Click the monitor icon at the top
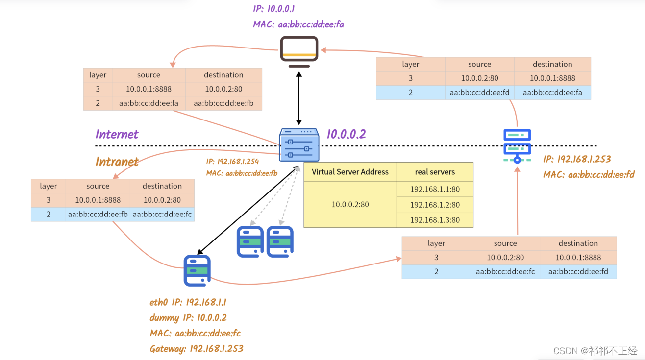point(299,51)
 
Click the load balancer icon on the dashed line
point(299,144)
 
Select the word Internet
point(117,134)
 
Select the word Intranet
point(117,162)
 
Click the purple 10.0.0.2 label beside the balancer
point(346,134)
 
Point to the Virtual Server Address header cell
point(350,172)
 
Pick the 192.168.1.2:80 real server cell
point(435,205)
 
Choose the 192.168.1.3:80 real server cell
point(435,220)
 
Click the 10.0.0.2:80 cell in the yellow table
point(350,204)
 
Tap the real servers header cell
point(435,172)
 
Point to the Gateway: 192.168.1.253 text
point(196,348)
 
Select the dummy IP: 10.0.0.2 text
point(188,318)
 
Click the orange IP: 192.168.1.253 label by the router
point(577,159)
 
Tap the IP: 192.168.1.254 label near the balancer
point(232,161)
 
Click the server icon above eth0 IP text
point(197,270)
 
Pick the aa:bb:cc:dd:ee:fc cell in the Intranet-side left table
point(162,214)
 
